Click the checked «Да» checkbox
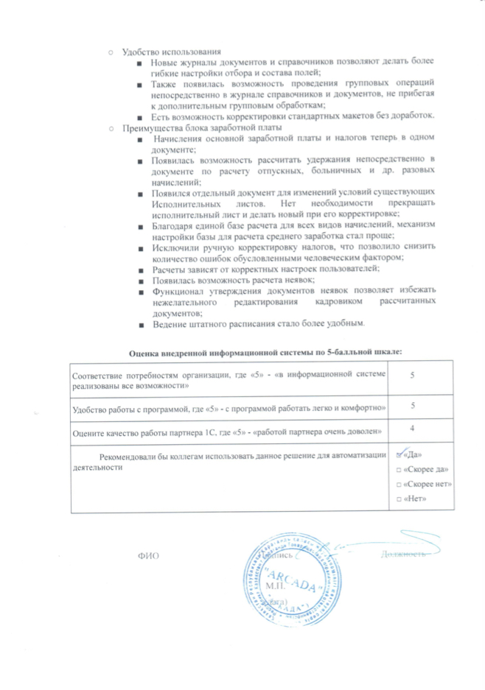(x=400, y=454)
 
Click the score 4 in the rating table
(x=413, y=427)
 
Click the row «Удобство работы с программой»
(x=228, y=406)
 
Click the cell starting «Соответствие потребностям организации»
(x=227, y=380)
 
